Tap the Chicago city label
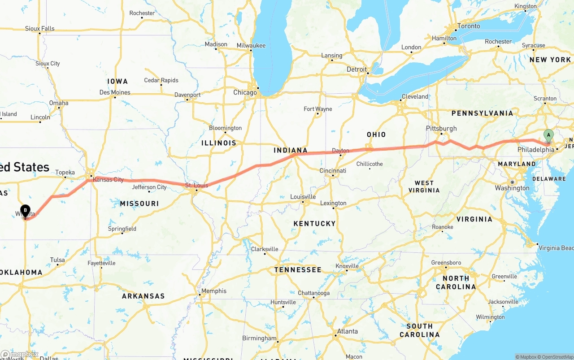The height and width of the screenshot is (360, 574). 245,93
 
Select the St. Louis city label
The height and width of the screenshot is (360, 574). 197,185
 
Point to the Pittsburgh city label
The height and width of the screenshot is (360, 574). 441,128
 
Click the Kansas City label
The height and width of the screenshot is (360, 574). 109,179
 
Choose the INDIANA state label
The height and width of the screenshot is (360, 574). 291,150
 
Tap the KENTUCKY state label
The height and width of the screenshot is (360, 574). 314,223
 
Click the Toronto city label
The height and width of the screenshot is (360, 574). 469,26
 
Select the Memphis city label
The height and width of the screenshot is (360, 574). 214,291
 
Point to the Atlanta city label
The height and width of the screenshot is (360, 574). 348,331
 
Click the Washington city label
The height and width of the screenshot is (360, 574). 512,188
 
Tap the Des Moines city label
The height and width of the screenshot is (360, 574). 115,92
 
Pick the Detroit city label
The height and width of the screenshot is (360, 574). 357,69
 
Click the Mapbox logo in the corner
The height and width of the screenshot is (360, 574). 20,354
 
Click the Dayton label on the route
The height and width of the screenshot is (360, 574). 340,151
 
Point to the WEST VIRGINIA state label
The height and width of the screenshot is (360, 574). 424,187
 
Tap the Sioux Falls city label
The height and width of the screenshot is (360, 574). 40,29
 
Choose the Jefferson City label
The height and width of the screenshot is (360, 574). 149,187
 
